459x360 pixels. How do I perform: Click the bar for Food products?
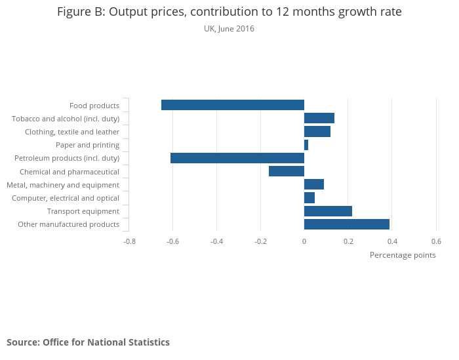click(x=233, y=105)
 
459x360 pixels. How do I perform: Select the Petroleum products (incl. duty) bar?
click(x=237, y=158)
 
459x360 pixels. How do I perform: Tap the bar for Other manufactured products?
click(x=347, y=224)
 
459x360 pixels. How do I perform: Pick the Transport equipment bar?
click(x=328, y=211)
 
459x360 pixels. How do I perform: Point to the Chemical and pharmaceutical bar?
click(x=287, y=171)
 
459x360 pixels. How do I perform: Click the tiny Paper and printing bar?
click(x=306, y=145)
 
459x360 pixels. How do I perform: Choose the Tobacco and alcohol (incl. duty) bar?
click(x=319, y=118)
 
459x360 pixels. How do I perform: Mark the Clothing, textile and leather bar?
click(x=317, y=132)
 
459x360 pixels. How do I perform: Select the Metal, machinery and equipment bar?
click(x=314, y=184)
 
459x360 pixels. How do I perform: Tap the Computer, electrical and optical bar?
click(x=309, y=198)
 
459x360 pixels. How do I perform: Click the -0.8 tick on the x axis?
click(x=129, y=241)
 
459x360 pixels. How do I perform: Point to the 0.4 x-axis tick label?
click(x=392, y=241)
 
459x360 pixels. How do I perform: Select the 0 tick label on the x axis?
click(x=304, y=241)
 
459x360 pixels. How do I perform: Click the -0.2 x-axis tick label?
click(x=260, y=241)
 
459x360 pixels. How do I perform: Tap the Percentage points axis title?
click(x=403, y=255)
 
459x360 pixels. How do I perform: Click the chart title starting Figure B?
click(x=229, y=12)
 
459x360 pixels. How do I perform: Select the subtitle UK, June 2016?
click(x=229, y=29)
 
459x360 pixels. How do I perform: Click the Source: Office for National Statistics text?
click(x=88, y=342)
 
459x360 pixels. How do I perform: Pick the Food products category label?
click(x=94, y=106)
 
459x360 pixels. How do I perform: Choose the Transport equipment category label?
click(x=83, y=211)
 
